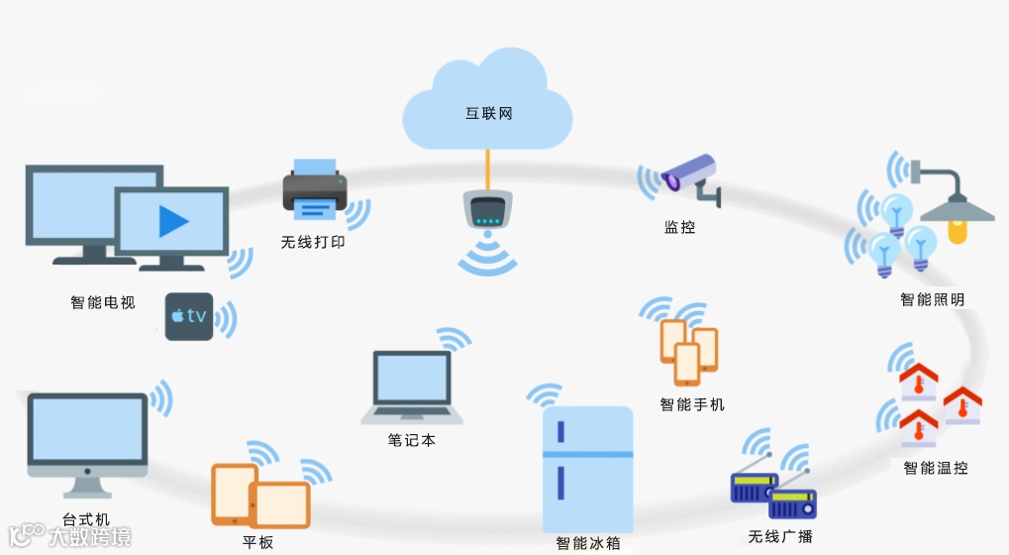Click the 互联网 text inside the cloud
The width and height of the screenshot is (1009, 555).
(x=489, y=114)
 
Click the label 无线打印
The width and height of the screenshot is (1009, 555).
(x=313, y=242)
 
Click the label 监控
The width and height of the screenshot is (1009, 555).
(x=679, y=228)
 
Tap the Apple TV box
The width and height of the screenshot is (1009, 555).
(x=188, y=317)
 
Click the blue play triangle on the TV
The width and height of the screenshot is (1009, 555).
(x=173, y=221)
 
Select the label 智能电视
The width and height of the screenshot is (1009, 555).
(x=103, y=302)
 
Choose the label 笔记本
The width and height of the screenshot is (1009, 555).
(x=412, y=440)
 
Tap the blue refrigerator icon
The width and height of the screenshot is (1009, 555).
(x=587, y=468)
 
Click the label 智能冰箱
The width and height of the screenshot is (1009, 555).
(x=588, y=543)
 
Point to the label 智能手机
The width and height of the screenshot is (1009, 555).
(x=692, y=404)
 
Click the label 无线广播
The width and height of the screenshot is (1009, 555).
(x=780, y=536)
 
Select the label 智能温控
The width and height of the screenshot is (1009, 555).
(x=936, y=467)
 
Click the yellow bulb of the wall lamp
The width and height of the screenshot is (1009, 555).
(x=955, y=232)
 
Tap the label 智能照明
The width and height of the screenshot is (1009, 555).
(x=932, y=299)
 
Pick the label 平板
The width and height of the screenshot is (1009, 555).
(x=258, y=542)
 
